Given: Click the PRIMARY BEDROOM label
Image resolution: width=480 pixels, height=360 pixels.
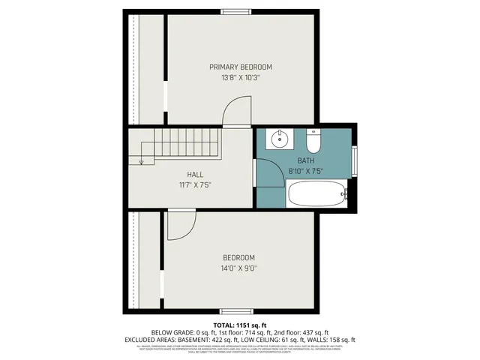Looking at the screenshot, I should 240,67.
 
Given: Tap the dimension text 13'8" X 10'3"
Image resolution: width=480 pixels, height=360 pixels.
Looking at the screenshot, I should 240,78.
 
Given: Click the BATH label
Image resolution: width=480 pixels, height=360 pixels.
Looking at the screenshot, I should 305,160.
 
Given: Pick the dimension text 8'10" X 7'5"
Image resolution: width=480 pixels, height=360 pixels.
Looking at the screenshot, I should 305,171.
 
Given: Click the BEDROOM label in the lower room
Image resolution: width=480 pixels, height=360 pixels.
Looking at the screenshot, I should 237,257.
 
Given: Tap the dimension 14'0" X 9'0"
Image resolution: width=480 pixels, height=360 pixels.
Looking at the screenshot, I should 237,268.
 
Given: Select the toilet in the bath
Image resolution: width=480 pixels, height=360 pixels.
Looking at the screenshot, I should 313,139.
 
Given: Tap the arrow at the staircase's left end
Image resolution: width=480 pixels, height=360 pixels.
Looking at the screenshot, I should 140,160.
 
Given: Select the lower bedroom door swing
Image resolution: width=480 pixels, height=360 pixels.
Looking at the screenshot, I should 179,225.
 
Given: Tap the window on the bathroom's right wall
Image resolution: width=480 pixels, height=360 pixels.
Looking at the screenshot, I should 355,160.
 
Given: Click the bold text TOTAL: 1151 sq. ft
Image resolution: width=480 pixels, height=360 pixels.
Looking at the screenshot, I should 239,324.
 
